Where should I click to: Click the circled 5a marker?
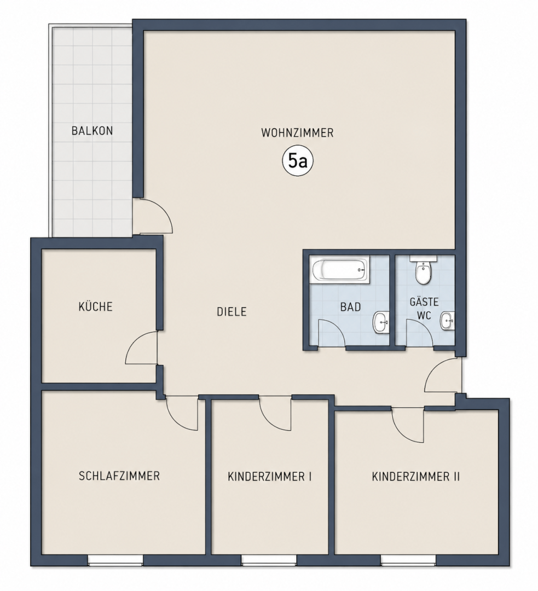[298, 161]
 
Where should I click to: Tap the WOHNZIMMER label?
[298, 132]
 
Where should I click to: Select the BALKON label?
[92, 131]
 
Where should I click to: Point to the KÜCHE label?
[95, 306]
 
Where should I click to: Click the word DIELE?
[232, 312]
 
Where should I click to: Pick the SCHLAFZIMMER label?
[119, 476]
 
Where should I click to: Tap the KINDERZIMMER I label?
[270, 477]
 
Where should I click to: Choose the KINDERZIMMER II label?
[416, 477]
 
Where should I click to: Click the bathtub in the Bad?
[339, 269]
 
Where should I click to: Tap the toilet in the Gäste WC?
[423, 270]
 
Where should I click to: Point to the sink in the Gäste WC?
[448, 321]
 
